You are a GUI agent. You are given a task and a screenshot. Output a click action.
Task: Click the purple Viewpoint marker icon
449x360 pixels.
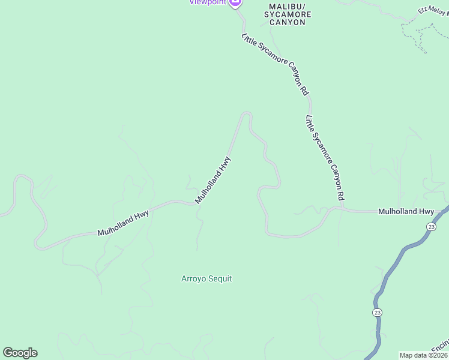(235, 2)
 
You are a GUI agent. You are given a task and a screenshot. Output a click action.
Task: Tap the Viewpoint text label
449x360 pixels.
(208, 2)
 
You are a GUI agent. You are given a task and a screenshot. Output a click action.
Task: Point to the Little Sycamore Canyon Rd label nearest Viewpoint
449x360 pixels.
(276, 64)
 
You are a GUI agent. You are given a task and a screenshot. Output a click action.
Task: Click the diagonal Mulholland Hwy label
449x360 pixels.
(213, 179)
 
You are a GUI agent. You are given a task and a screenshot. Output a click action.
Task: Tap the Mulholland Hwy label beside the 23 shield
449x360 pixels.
(406, 212)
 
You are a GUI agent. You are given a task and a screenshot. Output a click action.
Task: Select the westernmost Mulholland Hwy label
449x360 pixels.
(123, 223)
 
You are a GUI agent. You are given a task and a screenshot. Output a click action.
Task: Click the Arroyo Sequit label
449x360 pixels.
(206, 278)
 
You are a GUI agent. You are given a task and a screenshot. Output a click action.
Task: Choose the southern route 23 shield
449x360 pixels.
(376, 313)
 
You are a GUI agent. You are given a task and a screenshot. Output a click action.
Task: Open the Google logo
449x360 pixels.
(20, 353)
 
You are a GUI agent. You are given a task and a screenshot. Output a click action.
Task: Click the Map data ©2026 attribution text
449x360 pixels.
(424, 355)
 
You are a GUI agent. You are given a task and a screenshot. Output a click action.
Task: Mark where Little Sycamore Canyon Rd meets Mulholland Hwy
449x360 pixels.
(341, 209)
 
